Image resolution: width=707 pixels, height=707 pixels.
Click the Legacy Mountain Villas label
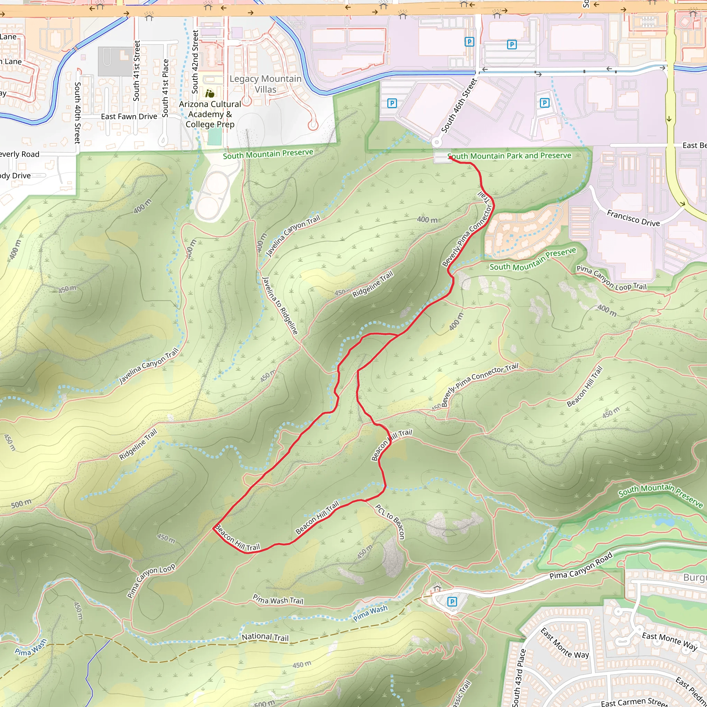point(265,84)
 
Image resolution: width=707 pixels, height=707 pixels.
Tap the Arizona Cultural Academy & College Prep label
point(210,114)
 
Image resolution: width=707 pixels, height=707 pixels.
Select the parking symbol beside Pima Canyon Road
point(452,602)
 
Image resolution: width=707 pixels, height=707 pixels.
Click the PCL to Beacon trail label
point(390,522)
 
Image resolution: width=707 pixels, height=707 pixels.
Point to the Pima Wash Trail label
point(278,599)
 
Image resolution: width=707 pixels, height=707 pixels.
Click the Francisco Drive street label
point(633,218)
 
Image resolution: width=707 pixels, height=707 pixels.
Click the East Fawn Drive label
point(129,117)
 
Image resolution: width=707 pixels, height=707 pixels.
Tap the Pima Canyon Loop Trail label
point(611,278)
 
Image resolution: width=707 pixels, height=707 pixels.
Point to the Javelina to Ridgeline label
point(280,306)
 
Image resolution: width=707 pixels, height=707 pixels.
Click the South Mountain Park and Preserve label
point(510,156)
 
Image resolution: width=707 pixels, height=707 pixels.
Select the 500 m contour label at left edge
point(21,504)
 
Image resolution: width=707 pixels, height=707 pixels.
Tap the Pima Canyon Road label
point(581,566)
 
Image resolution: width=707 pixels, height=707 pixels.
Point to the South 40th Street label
point(77,112)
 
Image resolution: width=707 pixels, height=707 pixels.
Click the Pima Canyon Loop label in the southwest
point(151,580)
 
